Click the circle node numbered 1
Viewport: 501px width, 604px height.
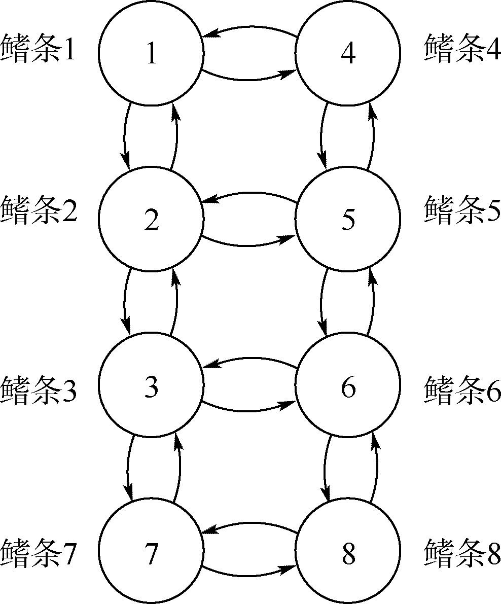151,53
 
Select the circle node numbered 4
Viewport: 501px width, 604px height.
348,53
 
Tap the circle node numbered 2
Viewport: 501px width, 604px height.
151,219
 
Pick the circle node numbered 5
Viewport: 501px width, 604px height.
348,219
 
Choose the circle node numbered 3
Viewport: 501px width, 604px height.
151,387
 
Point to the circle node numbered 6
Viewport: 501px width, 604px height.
348,387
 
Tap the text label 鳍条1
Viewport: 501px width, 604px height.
39,49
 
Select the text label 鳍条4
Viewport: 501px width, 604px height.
462,49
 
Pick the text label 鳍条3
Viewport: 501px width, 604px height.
39,390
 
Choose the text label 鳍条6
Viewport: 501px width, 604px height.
462,390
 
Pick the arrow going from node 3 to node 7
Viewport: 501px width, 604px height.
127,467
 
